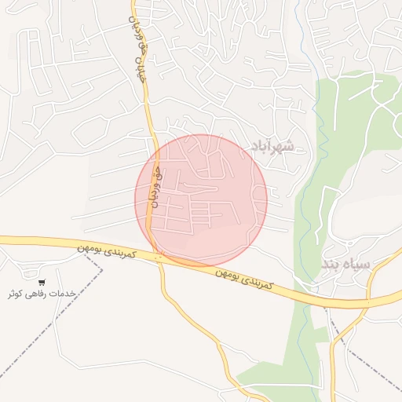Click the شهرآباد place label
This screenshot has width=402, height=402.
(x=271, y=146)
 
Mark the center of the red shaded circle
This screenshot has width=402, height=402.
(x=201, y=200)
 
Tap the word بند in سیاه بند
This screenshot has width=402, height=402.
(x=332, y=264)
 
